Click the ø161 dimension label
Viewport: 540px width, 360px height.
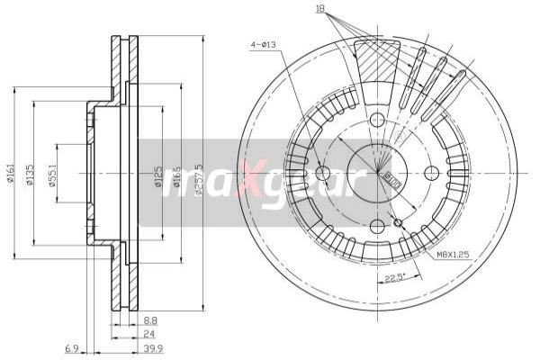pyautogui.click(x=10, y=172)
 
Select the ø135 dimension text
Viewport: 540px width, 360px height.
pyautogui.click(x=30, y=174)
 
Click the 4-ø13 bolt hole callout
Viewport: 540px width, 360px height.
pyautogui.click(x=262, y=41)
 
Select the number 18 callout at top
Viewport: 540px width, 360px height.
pyautogui.click(x=319, y=9)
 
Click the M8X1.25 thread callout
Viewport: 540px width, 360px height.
pyautogui.click(x=454, y=256)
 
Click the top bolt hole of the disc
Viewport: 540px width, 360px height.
pyautogui.click(x=377, y=120)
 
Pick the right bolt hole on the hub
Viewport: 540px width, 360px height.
pyautogui.click(x=431, y=173)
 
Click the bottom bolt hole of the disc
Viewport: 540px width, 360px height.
pyautogui.click(x=377, y=226)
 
